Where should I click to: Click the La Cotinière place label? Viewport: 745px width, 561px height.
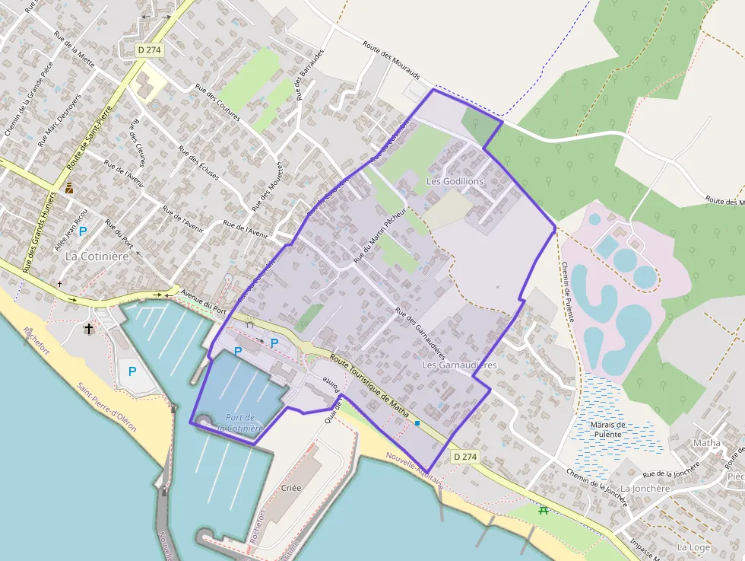click(97, 256)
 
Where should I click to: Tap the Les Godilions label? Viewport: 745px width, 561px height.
click(455, 181)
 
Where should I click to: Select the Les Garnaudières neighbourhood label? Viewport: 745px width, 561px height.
click(458, 365)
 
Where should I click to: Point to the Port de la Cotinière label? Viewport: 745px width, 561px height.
click(239, 422)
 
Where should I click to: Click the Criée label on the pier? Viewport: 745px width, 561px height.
click(291, 488)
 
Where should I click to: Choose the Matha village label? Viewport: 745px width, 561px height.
click(706, 443)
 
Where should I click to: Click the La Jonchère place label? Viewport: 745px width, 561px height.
click(645, 488)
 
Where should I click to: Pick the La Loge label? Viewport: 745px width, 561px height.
click(693, 547)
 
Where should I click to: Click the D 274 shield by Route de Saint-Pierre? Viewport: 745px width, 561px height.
click(150, 49)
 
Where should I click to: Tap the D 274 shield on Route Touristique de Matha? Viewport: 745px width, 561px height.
click(464, 457)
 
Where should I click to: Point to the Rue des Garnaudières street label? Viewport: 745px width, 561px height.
click(420, 332)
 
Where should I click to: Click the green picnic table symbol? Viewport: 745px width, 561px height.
click(543, 512)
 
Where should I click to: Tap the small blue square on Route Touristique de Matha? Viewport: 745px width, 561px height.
click(417, 422)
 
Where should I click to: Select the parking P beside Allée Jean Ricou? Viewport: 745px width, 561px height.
click(83, 231)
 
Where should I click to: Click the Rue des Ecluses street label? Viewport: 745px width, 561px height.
click(198, 163)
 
